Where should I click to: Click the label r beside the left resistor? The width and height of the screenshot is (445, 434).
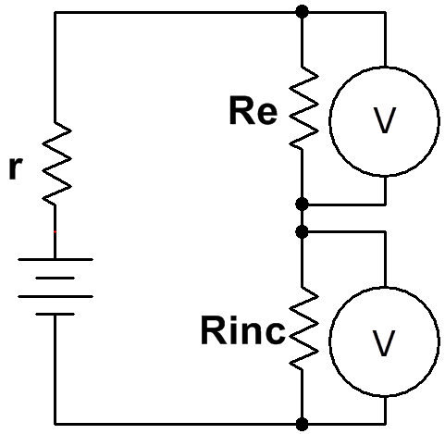coord(16,168)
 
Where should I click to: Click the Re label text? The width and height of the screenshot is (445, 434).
coord(253,110)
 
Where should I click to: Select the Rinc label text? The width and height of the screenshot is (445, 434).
coord(243,330)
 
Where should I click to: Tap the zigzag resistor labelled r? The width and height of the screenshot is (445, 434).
coord(56,163)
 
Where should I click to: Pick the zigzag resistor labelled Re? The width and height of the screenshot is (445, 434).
coord(303,108)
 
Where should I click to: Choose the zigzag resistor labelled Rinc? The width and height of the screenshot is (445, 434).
coord(303,328)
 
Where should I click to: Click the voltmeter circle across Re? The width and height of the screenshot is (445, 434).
coord(329,121)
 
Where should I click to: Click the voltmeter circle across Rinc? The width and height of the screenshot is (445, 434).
coord(329,341)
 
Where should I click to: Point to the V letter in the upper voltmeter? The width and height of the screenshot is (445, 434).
coord(384,120)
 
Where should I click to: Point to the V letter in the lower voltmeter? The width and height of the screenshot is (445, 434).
coord(384,342)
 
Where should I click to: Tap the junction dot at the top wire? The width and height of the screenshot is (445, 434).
coord(302,12)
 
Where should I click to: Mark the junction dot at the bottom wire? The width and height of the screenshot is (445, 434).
coord(302,424)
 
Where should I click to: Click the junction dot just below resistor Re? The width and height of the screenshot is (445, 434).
coord(302,205)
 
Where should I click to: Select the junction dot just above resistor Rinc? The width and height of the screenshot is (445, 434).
coord(302,231)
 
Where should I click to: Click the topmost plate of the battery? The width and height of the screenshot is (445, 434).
coord(56,259)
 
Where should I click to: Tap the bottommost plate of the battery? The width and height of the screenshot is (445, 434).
coord(56,314)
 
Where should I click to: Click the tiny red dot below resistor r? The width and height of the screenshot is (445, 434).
coord(55,231)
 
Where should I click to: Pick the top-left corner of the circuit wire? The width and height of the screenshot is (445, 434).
coord(55,12)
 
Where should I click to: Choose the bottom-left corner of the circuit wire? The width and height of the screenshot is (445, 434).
coord(56,424)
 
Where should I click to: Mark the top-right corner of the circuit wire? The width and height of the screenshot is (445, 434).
coord(385,12)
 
